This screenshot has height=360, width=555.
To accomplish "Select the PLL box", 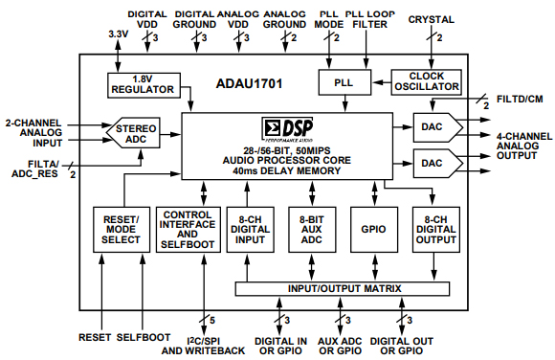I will pos(344,83).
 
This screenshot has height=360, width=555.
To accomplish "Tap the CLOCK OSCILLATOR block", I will pos(427,82).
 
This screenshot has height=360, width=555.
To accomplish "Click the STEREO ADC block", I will pos(135,134).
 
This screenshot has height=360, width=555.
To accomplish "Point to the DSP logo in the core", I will pos(288,126).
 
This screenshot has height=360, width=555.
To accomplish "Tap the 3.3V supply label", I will pos(117,35).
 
